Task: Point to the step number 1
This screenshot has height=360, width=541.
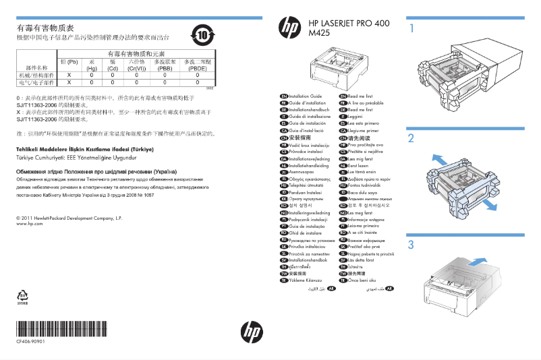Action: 410,29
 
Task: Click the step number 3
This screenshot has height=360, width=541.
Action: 410,244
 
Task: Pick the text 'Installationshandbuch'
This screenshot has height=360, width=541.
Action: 309,110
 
